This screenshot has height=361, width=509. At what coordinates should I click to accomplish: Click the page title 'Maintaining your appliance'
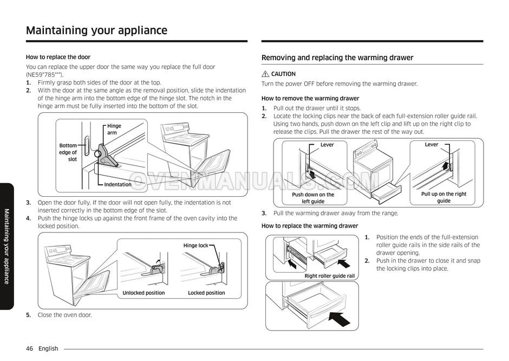pos(96,30)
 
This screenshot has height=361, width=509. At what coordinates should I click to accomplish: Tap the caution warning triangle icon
pos(265,74)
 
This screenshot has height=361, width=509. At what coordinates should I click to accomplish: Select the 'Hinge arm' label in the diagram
pos(114,129)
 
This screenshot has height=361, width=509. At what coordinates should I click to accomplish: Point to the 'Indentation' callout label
pos(118,184)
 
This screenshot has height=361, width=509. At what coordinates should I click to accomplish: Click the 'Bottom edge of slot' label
pos(68,152)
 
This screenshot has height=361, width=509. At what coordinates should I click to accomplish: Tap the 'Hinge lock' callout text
pos(195,246)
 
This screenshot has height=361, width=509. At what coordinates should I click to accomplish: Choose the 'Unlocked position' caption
pos(143,293)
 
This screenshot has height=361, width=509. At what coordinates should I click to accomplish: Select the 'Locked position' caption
pos(206,293)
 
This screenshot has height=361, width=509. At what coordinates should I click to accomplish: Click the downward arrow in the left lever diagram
pos(312,174)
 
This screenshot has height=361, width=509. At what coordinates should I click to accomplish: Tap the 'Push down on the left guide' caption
pos(313,198)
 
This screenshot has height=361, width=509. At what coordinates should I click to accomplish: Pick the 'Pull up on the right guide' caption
pos(444,197)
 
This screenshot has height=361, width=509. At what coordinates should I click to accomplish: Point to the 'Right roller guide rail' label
pos(329,276)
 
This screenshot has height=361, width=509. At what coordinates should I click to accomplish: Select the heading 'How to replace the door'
pos(58,57)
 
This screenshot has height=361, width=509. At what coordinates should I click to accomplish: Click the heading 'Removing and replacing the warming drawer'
pos(337,58)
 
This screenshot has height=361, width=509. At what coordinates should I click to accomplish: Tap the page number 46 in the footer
pos(30,349)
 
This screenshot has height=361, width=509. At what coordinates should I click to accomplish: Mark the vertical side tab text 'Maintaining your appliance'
pos(6,246)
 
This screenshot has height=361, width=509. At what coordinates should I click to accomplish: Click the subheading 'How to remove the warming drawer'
pos(310,99)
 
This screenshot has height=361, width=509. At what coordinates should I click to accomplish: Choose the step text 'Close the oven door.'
pos(64,315)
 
